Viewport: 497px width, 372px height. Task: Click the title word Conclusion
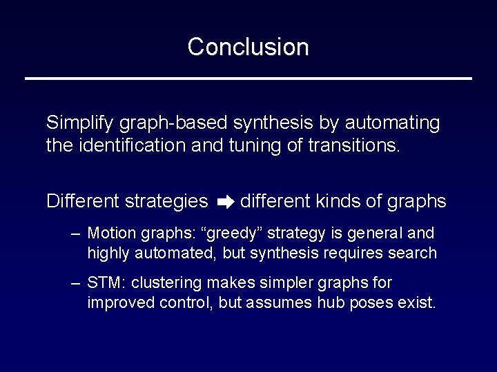248,47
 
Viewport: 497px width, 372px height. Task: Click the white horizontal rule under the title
248,79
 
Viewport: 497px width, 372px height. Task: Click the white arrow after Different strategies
225,202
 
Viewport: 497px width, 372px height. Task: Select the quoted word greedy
226,232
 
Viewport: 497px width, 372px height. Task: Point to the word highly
108,253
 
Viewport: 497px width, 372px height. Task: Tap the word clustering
165,283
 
